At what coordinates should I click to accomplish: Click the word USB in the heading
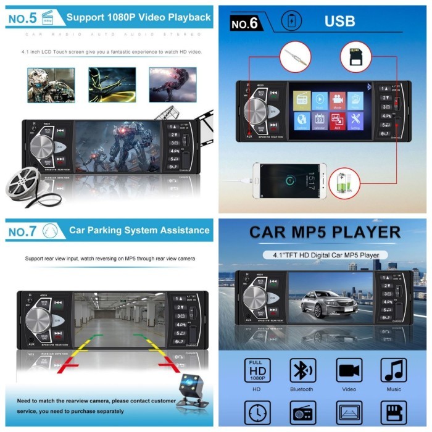(340, 22)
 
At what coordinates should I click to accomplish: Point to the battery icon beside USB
(291, 21)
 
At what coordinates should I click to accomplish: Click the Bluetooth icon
(302, 370)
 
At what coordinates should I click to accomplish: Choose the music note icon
(393, 370)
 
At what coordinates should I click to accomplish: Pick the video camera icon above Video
(349, 370)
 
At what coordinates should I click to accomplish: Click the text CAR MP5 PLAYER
(325, 233)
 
